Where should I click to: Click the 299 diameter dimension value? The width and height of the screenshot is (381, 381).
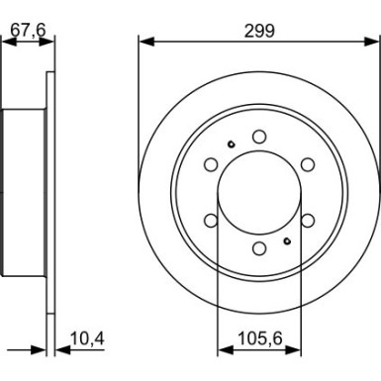click(259, 32)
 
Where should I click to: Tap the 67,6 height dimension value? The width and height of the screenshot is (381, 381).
click(28, 31)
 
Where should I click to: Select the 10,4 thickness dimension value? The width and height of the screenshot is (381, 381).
click(87, 338)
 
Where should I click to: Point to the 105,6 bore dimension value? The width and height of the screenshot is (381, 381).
click(260, 338)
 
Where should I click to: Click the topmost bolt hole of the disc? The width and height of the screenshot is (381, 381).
click(259, 137)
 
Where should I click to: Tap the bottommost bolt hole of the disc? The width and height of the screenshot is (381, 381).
click(259, 248)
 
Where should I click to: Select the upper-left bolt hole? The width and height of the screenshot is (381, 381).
click(211, 164)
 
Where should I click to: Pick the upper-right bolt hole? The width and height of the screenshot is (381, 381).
click(308, 164)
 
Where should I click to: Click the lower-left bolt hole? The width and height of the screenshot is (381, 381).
click(211, 221)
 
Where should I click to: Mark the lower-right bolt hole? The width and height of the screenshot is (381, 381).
click(308, 221)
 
